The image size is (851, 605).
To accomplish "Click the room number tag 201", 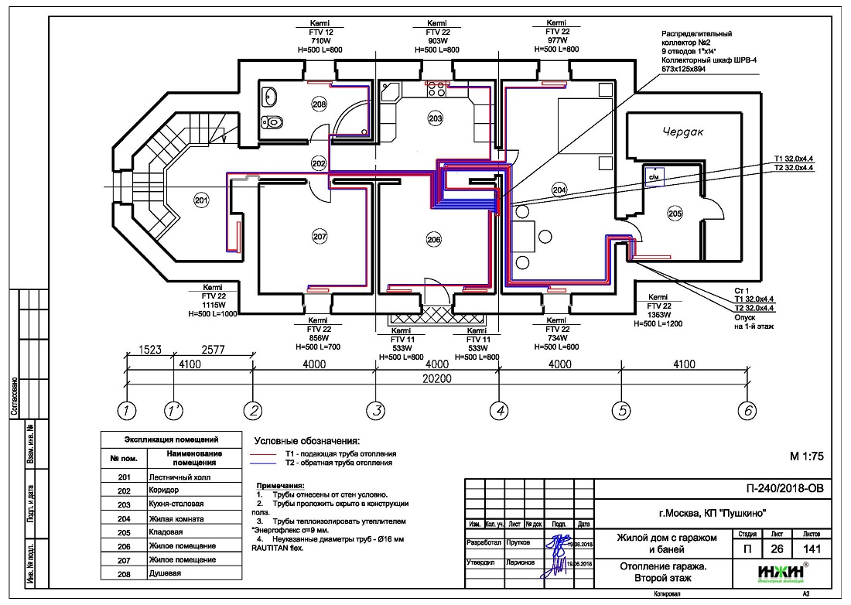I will click(202, 201).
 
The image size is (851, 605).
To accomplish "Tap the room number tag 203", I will click(435, 118).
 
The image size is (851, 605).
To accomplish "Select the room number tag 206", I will click(433, 240).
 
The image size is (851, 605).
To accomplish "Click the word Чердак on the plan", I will click(684, 132).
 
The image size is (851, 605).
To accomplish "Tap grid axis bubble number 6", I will click(747, 411).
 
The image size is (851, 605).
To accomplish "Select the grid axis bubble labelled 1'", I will click(175, 411).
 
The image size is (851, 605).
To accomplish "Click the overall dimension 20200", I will click(437, 377).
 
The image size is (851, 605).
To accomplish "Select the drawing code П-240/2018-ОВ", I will click(784, 488).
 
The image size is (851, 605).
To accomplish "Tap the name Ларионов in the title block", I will click(520, 563).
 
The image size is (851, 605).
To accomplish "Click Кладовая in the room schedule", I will click(166, 533).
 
